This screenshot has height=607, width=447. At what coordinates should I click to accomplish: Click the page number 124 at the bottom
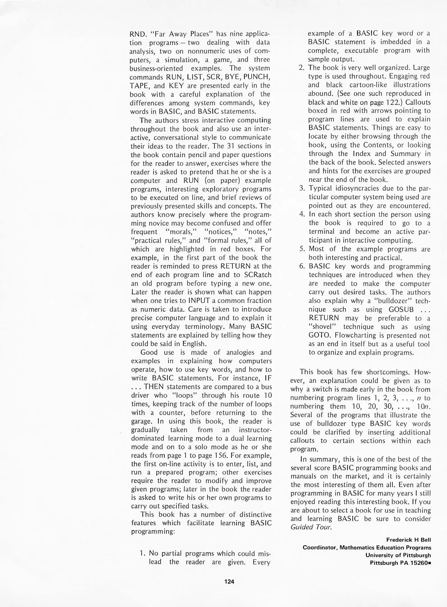click(x=229, y=582)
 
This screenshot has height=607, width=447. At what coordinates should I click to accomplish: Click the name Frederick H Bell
click(x=409, y=540)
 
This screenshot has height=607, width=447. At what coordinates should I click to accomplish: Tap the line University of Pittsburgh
click(x=398, y=555)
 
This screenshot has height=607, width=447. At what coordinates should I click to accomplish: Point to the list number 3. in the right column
click(x=302, y=188)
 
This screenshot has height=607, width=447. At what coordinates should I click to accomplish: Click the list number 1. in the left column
click(x=143, y=553)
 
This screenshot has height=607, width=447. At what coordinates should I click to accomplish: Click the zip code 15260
click(x=419, y=563)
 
